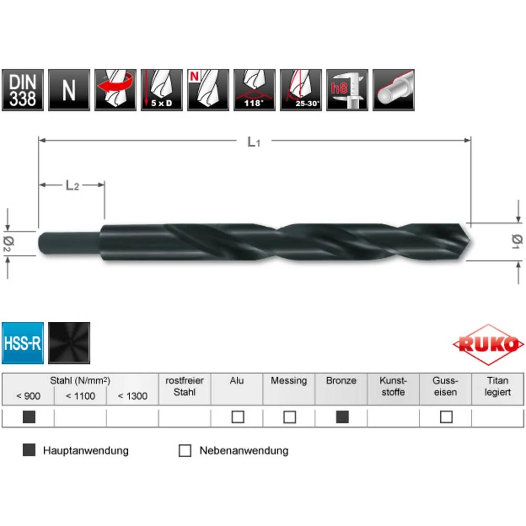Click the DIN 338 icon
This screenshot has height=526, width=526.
click(x=23, y=90)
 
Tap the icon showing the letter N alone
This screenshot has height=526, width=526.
click(x=69, y=90)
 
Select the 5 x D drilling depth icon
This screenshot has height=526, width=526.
click(x=161, y=90)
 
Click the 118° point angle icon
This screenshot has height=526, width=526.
click(x=254, y=90)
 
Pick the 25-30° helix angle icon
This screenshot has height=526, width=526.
click(x=300, y=90)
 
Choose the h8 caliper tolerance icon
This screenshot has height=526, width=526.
click(x=347, y=90)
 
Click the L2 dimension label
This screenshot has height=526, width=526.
click(x=72, y=185)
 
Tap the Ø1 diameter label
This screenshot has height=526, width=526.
click(x=516, y=240)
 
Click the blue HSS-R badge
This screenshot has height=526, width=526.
click(x=23, y=343)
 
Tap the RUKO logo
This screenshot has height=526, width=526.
click(x=488, y=345)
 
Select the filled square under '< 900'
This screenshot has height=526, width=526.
click(x=29, y=417)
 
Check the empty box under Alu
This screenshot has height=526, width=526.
click(x=238, y=417)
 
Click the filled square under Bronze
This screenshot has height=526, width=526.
click(x=342, y=417)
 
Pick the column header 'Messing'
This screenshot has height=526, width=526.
click(x=289, y=381)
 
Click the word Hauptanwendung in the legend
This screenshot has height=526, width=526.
click(x=86, y=451)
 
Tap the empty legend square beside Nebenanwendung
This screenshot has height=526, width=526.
click(x=185, y=451)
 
